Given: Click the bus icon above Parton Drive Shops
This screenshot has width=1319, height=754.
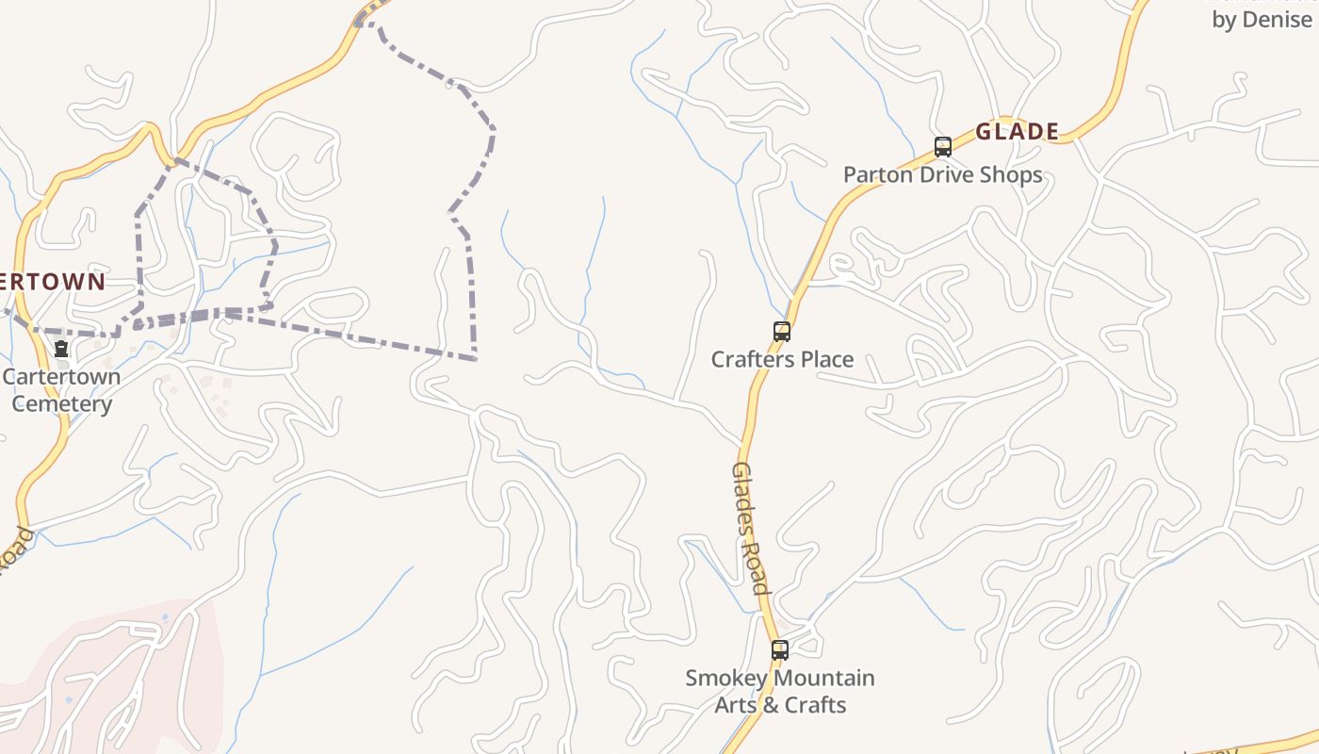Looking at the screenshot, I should point(943,147).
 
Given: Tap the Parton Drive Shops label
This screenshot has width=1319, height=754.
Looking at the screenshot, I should point(942,174).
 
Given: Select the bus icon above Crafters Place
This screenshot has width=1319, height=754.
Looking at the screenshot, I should point(782,332).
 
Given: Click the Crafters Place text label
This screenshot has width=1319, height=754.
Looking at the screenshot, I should point(782,359).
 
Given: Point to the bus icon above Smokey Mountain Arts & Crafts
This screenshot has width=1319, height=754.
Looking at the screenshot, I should point(780,650).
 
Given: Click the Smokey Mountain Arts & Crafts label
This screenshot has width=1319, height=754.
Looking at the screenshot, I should point(780,691).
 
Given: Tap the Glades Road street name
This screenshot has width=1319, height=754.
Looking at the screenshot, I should point(752,528).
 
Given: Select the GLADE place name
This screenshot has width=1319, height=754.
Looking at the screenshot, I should point(1017,132).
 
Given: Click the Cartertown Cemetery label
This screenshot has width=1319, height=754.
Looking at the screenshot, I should point(61,390).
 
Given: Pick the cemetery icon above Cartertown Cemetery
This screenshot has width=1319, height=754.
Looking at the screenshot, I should point(61,350).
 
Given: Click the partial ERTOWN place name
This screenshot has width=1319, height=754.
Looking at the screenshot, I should point(53,282).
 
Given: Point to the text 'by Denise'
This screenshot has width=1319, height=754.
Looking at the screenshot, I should point(1262,20).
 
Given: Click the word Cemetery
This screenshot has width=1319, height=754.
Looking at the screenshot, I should point(62,404).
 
